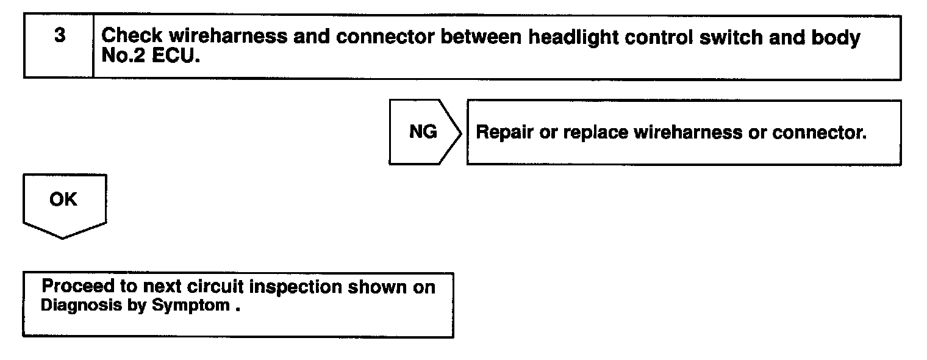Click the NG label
click(423, 132)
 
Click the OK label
click(63, 200)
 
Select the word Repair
click(504, 133)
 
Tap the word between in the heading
click(481, 37)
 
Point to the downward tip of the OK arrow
click(63, 237)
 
